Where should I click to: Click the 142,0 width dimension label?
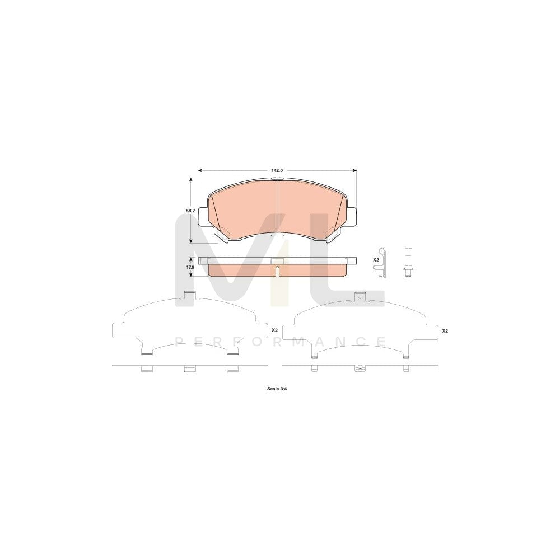[277, 170]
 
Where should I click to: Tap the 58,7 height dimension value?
[190, 211]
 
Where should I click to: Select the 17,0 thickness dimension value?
[190, 267]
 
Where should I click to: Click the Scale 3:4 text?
[277, 389]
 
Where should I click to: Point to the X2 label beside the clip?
[376, 260]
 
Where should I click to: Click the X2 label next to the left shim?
[274, 330]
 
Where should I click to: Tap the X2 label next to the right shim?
[445, 331]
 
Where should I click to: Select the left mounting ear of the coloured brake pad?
[203, 216]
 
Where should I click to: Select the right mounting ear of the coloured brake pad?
[352, 216]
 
